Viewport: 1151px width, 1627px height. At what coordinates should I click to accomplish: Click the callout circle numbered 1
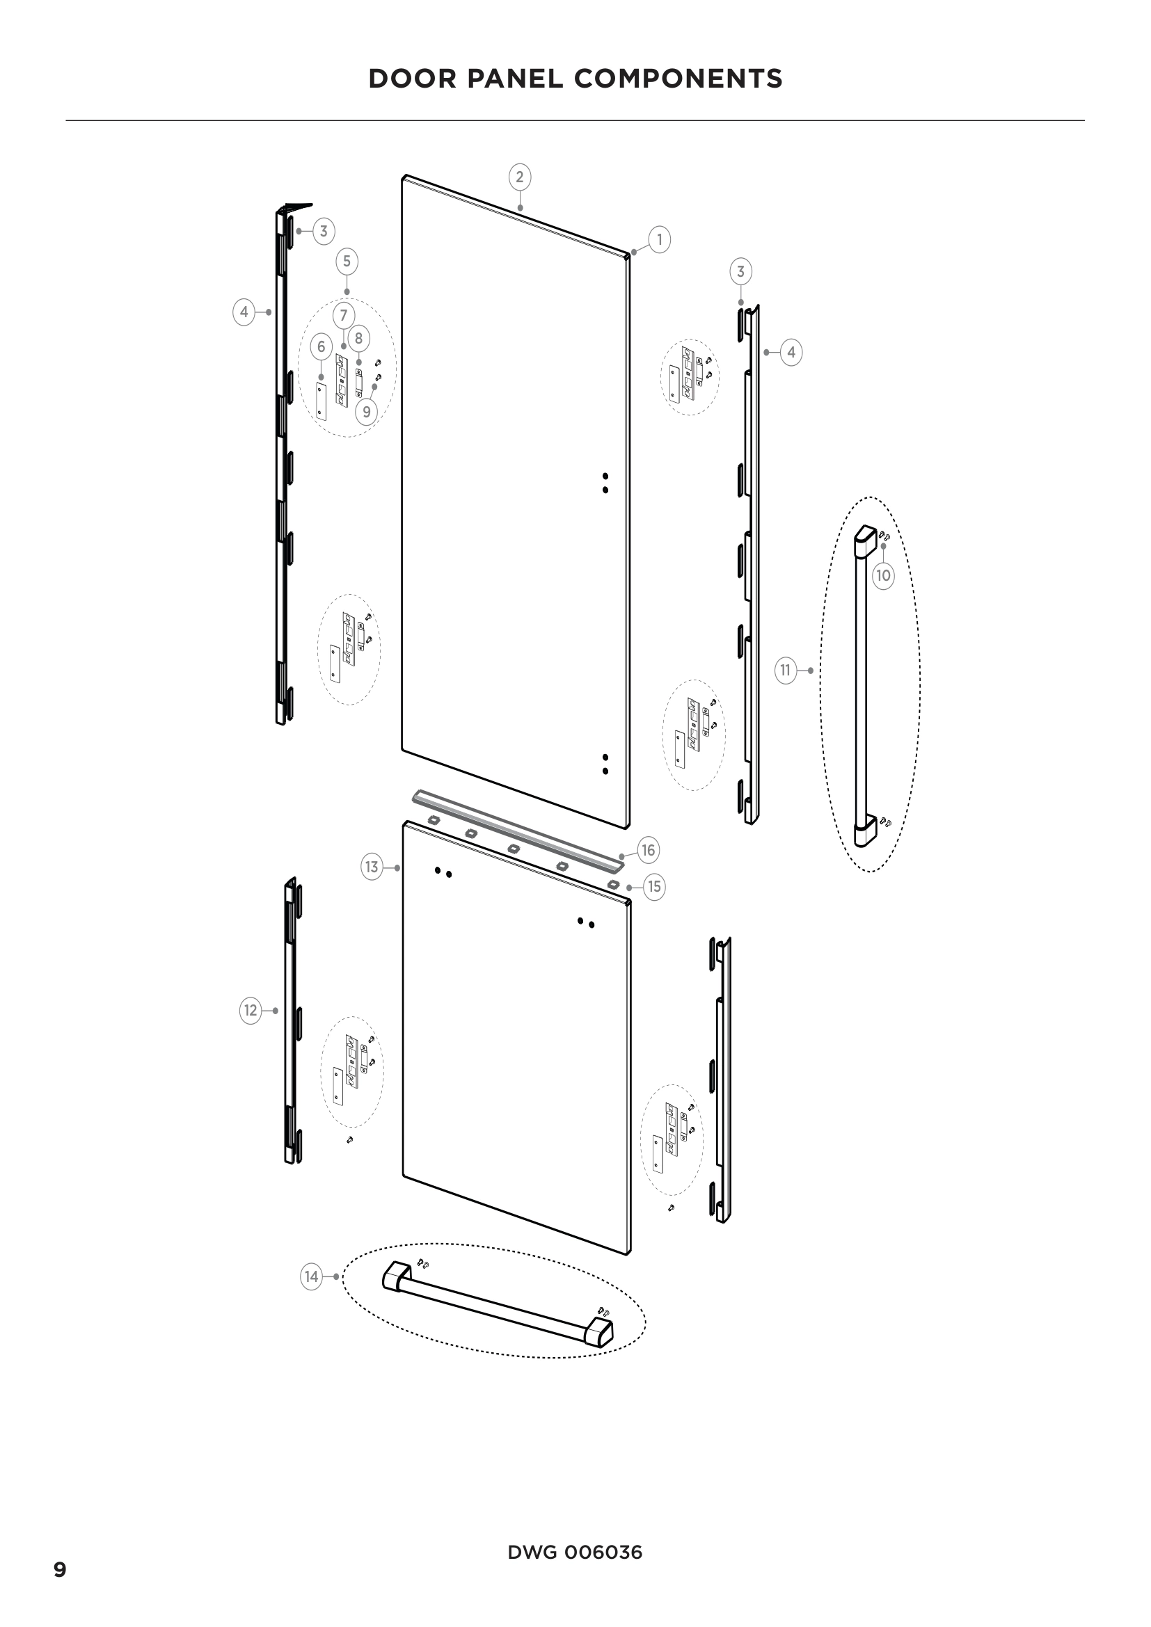coord(659,239)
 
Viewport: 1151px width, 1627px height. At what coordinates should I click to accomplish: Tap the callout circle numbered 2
coord(520,177)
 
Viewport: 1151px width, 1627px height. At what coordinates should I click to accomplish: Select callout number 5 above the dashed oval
coord(347,262)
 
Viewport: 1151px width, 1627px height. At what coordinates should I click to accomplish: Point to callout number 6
coord(321,346)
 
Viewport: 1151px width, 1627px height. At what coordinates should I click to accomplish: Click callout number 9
coord(366,412)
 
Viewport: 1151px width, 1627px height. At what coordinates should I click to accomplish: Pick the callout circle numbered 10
coord(883,575)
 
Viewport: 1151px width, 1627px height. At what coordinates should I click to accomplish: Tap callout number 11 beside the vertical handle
coord(785,671)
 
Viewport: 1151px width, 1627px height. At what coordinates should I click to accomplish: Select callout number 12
coord(251,1011)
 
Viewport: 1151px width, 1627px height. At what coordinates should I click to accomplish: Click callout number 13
coord(372,867)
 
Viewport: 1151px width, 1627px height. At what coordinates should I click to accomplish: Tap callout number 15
coord(654,886)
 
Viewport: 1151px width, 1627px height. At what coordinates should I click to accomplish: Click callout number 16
coord(648,849)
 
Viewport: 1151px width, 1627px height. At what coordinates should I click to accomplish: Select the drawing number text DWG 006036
coord(575,1553)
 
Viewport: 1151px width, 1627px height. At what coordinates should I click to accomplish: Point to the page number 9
coord(61,1571)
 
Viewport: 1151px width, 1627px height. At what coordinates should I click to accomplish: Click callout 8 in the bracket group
coord(358,338)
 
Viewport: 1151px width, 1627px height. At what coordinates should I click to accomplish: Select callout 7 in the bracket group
coord(344,314)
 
